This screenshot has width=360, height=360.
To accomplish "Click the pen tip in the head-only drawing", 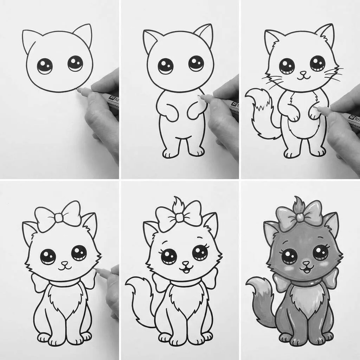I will point(78,90).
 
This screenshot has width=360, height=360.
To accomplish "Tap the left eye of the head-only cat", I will point(45,66).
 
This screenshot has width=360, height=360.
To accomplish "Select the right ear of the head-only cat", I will point(84,34).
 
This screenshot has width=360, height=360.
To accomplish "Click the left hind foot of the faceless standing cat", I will point(170,153).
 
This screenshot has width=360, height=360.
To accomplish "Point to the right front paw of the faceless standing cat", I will point(194,113).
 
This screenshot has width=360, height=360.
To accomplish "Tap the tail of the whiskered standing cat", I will point(258,112).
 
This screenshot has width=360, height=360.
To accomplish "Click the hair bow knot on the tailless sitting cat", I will point(59,218).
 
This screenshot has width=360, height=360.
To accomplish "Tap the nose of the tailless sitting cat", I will point(64,263).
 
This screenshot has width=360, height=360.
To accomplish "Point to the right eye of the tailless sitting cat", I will point(79,252).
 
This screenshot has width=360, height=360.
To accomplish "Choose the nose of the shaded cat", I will point(306,263).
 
